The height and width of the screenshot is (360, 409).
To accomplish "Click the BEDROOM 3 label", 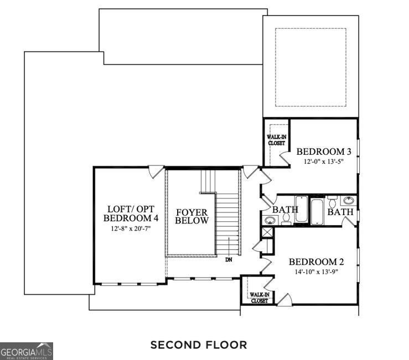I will (x=324, y=152).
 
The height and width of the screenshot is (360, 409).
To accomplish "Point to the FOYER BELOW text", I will (x=192, y=216).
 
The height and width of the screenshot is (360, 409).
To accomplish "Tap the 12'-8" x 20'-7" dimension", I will (x=132, y=228).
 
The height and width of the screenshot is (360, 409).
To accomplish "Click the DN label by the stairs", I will (x=229, y=259).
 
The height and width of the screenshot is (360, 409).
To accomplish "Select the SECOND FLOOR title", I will (x=199, y=345).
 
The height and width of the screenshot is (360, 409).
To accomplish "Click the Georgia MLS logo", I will (x=27, y=351).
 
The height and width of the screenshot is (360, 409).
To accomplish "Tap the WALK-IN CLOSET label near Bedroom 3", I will (x=276, y=139).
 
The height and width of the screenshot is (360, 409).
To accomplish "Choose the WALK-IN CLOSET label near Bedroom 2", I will (x=258, y=298).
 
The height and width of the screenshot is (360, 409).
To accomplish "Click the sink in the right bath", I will (x=349, y=200).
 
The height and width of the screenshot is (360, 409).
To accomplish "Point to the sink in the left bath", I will (x=269, y=220).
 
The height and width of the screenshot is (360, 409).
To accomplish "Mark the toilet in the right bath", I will (x=333, y=199).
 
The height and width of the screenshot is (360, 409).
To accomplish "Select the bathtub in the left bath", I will (x=301, y=209).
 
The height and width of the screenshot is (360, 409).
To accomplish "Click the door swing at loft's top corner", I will (x=157, y=171).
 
